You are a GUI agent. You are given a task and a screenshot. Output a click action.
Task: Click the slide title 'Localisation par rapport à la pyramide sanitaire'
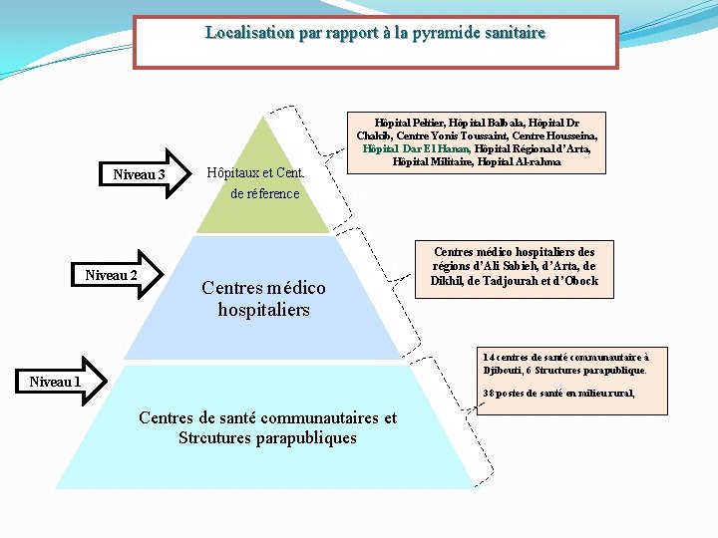375,33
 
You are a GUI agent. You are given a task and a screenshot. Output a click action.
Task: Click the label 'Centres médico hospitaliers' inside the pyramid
263,299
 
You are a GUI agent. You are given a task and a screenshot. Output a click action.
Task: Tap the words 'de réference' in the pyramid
264,193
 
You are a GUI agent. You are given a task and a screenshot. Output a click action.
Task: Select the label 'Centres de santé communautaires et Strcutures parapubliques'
267,428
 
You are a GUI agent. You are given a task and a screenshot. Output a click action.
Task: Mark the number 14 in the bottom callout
488,357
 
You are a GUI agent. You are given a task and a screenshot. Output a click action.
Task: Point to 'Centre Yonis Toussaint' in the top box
449,134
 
